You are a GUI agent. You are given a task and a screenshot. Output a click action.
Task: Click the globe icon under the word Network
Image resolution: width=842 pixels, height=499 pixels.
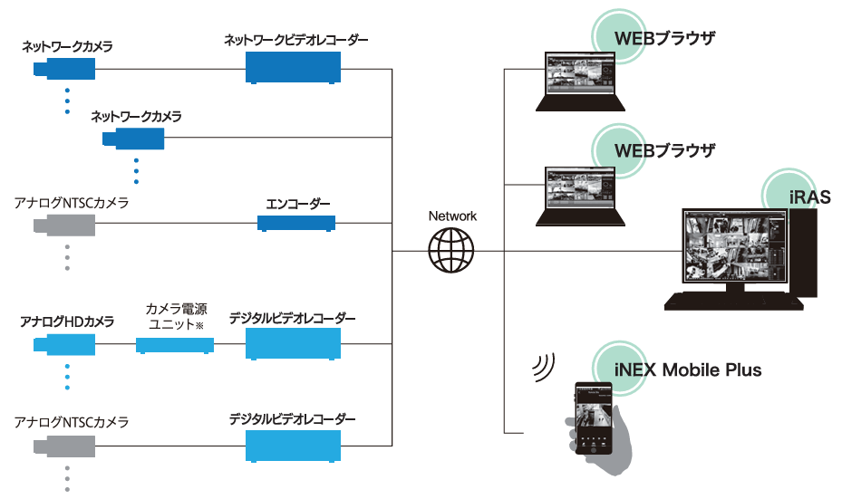(x=451, y=249)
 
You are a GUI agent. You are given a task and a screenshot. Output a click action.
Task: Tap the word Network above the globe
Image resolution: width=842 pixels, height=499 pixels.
(x=452, y=216)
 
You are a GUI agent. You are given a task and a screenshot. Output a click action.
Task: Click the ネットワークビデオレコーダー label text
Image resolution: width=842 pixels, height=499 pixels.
(x=296, y=41)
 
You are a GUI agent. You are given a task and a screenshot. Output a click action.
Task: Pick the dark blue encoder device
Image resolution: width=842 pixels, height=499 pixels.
(x=295, y=223)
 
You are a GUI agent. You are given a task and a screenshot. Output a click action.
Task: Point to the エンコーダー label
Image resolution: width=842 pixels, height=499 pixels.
(x=296, y=204)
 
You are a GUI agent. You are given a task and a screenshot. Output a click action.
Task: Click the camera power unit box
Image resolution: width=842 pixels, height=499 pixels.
(x=175, y=345)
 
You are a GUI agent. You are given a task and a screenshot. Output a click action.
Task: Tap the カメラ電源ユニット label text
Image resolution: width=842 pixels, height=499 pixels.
(x=176, y=316)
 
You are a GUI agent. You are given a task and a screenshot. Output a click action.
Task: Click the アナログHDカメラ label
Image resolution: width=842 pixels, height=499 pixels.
(x=68, y=321)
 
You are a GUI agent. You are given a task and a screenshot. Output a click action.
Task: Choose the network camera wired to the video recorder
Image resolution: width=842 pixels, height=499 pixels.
(x=63, y=69)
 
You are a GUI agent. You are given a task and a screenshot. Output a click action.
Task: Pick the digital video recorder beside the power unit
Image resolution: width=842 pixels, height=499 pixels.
(x=293, y=345)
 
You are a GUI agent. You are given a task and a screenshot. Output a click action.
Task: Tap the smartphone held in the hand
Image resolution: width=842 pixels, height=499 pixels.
(x=595, y=417)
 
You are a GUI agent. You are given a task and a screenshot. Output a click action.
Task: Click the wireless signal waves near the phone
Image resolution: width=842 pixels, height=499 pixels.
(x=544, y=366)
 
